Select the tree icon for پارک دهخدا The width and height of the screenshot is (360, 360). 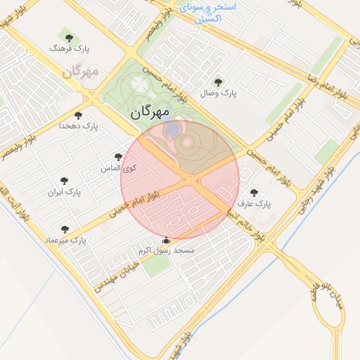[x=78, y=115]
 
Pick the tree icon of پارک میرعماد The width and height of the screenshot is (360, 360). [x=65, y=229]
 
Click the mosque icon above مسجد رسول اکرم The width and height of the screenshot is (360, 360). [x=166, y=240]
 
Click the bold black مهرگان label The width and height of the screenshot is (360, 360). [x=151, y=112]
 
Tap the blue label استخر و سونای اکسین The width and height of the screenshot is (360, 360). [x=211, y=12]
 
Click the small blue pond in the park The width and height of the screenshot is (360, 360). [x=172, y=130]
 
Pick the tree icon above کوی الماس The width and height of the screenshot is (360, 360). [x=117, y=157]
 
